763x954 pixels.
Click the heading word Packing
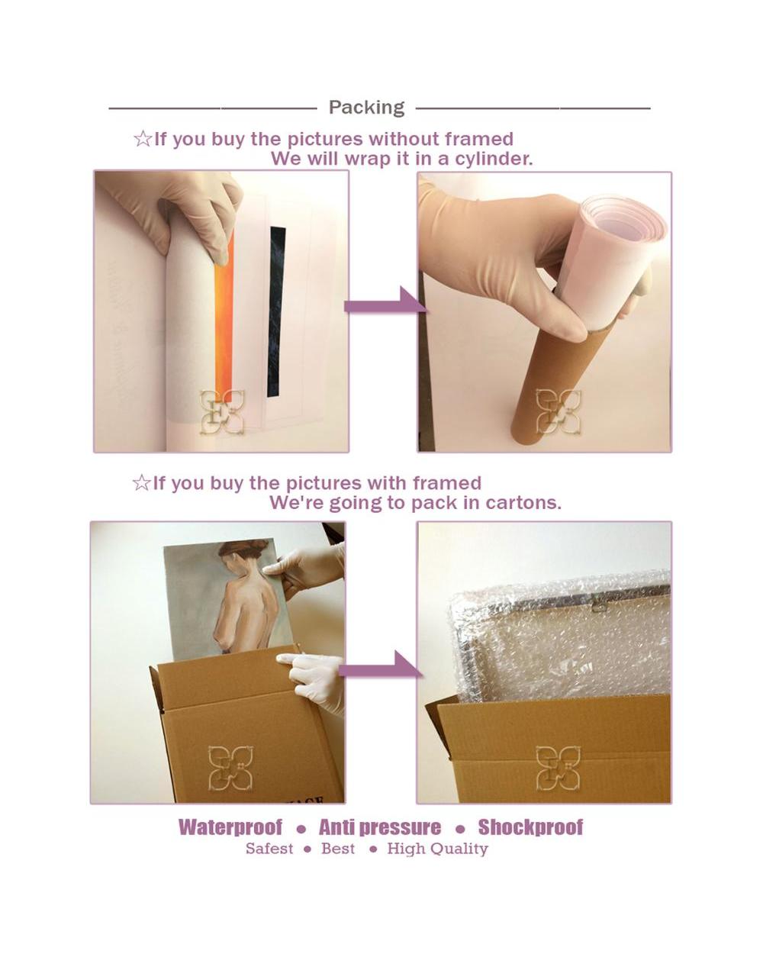point(366,108)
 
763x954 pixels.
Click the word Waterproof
point(230,827)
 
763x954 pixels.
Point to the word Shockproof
point(530,827)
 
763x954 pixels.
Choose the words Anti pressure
point(380,827)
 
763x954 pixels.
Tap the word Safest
point(269,849)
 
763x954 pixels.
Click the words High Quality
point(437,849)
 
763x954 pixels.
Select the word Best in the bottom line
point(338,849)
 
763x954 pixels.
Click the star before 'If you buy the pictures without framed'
point(143,139)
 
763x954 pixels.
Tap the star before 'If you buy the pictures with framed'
point(141,483)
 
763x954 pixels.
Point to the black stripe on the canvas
point(276,311)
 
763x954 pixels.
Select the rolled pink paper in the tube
point(607,253)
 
